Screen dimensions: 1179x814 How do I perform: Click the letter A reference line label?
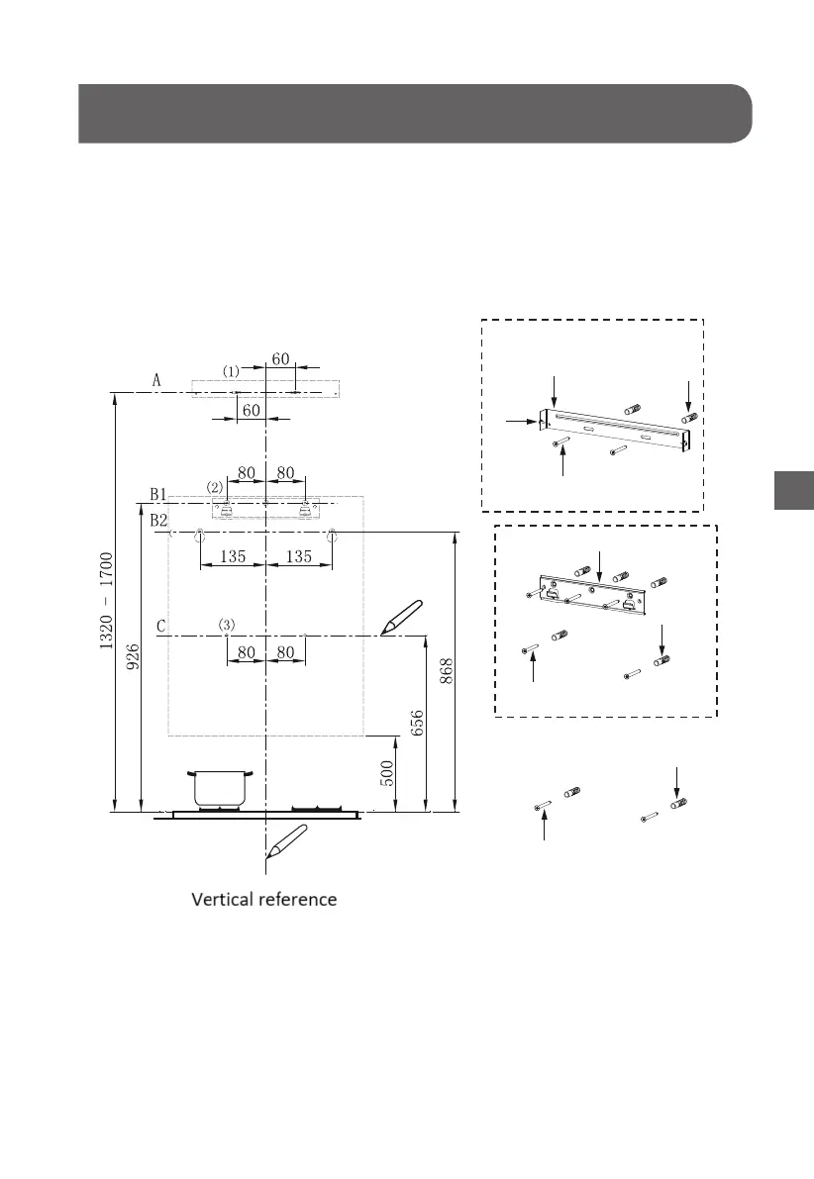[x=156, y=379]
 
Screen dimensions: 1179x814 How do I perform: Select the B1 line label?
[x=156, y=492]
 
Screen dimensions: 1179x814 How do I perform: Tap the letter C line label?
[x=160, y=626]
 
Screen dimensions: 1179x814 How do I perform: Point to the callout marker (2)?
[x=215, y=486]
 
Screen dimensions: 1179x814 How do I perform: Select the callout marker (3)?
[x=228, y=625]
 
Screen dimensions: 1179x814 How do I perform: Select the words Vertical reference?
[x=264, y=900]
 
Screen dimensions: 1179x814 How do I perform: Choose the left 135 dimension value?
[x=233, y=557]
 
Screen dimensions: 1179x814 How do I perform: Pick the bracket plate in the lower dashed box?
[x=592, y=592]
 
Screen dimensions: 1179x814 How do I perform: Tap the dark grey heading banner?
[x=414, y=114]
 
